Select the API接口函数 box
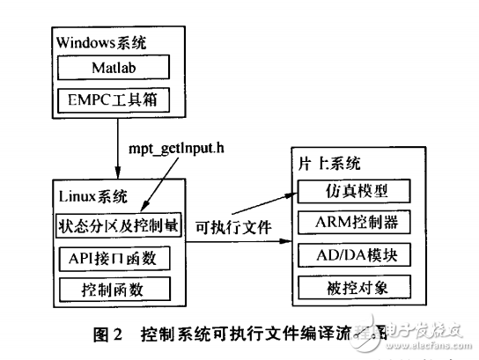pyautogui.click(x=117, y=257)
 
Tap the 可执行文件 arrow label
pyautogui.click(x=232, y=226)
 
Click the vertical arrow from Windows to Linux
pyautogui.click(x=117, y=150)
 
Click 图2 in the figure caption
pyautogui.click(x=114, y=334)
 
